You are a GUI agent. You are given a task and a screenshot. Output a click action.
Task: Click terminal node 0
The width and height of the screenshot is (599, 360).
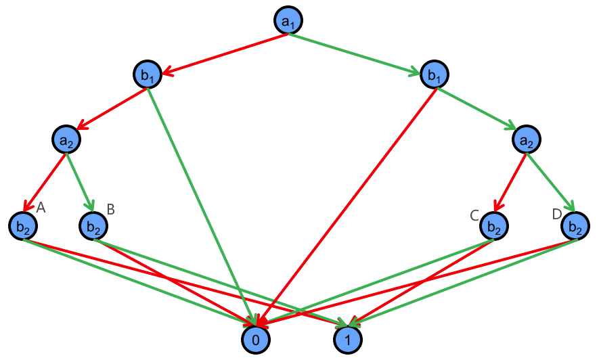[x=256, y=339]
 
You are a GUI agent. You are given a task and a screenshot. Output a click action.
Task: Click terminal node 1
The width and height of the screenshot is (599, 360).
[x=348, y=339]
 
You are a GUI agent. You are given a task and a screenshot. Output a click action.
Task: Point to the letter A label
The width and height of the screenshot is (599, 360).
[x=41, y=208]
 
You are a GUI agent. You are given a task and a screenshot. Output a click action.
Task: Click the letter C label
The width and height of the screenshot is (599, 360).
[x=474, y=215]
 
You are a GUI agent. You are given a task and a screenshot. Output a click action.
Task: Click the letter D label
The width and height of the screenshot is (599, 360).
[x=557, y=215]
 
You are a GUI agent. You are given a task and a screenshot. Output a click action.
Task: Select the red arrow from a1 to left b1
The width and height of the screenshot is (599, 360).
[x=223, y=53]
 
